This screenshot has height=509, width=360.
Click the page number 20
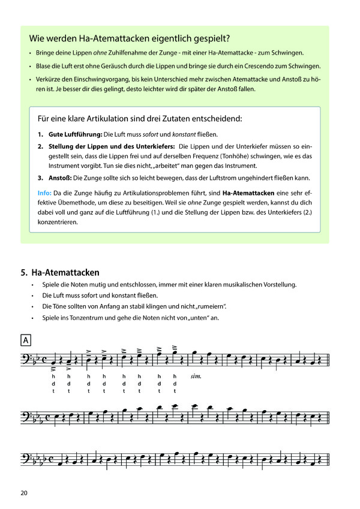24,493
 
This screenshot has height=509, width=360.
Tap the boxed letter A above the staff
26,340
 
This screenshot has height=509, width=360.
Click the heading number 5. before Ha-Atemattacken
24,272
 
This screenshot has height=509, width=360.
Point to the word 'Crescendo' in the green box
259,65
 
